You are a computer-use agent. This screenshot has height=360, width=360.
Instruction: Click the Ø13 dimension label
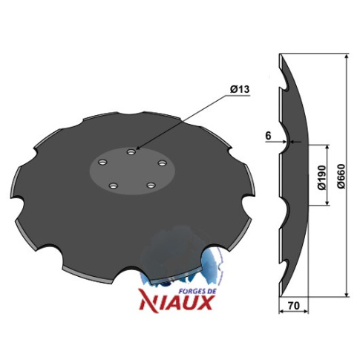[x=240, y=89]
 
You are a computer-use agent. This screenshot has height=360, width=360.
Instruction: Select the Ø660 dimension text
[x=341, y=176]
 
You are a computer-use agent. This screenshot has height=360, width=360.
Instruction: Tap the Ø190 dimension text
[x=322, y=177]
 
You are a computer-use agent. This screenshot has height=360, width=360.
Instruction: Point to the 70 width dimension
[x=294, y=306]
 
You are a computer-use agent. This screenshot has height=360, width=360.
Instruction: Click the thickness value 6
[x=268, y=136]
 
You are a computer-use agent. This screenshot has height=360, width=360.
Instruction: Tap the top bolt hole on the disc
[x=131, y=151]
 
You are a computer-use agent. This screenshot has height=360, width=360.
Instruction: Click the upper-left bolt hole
[x=102, y=163]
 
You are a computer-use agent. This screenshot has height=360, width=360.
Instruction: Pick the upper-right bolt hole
[x=162, y=163]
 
